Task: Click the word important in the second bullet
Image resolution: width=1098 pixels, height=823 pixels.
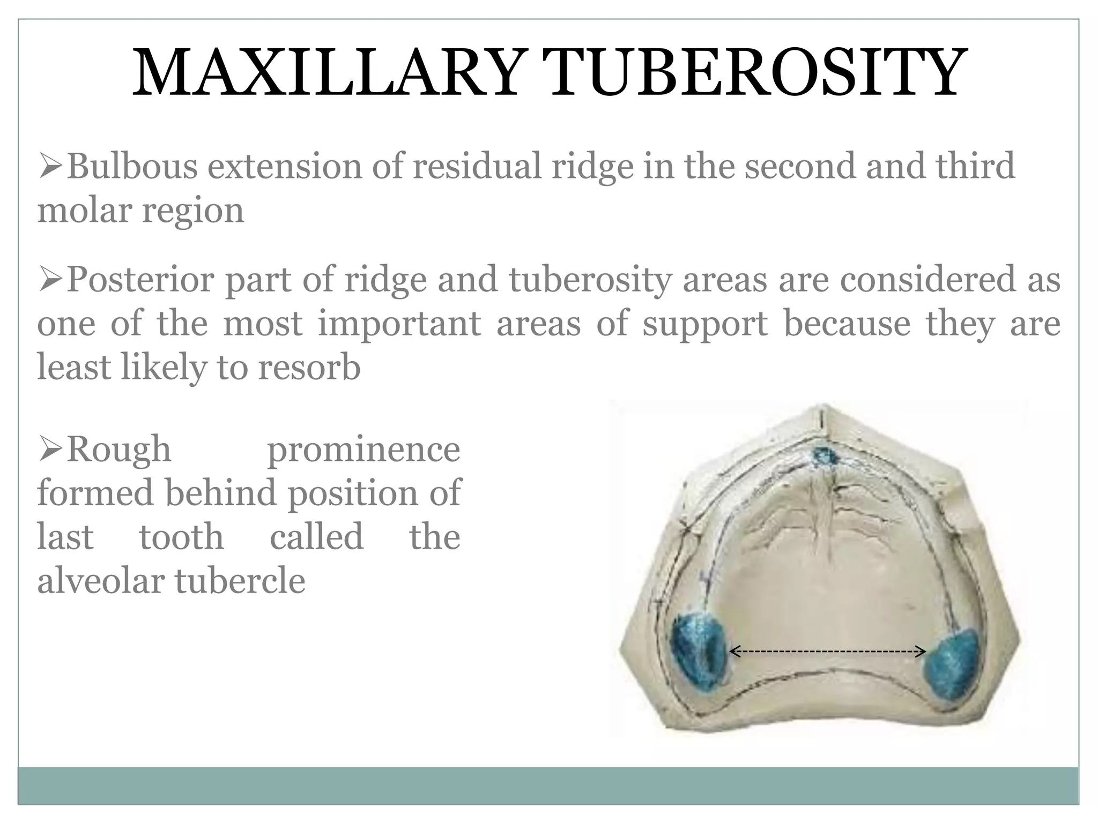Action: point(399,324)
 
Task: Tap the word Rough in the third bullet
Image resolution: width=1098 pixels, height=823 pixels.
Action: point(118,450)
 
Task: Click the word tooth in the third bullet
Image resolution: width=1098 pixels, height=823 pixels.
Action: point(181,537)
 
